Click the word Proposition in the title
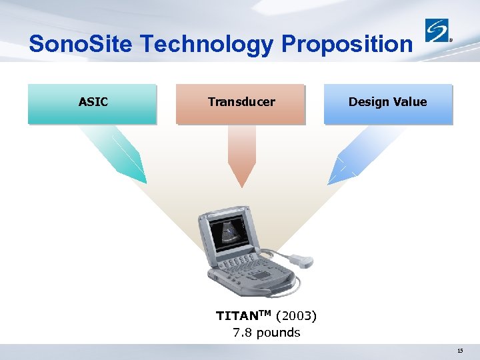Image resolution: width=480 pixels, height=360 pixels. click(347, 44)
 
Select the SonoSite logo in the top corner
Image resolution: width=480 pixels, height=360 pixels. click(438, 31)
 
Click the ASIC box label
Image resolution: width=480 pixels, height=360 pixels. click(93, 102)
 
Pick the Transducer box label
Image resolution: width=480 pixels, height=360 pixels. click(241, 102)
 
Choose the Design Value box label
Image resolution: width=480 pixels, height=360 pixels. click(387, 102)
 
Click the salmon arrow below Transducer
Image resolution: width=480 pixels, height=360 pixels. click(241, 157)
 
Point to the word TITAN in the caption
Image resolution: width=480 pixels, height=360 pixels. click(235, 315)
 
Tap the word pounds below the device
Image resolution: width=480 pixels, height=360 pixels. click(278, 332)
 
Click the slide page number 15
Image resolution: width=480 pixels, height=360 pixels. click(460, 351)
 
